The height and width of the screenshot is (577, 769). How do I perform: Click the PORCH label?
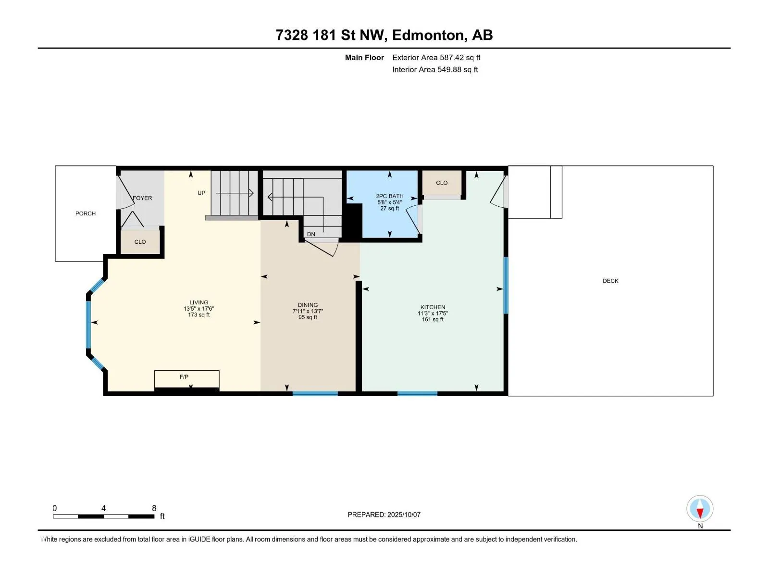[86, 213]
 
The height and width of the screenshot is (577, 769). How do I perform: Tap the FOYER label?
[142, 198]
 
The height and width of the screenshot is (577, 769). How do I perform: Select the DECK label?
[610, 281]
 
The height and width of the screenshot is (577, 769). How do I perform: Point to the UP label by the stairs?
[201, 193]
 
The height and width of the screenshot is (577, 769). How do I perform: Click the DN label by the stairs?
[311, 234]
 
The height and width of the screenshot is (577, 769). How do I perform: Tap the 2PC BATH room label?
[390, 196]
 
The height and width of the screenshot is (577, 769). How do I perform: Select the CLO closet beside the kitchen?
[442, 183]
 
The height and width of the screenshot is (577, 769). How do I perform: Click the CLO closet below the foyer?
[140, 242]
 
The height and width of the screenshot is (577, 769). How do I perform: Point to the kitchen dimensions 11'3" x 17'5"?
[433, 314]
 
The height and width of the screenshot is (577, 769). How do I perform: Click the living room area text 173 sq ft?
[198, 314]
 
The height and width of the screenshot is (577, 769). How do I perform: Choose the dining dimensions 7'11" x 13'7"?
[308, 311]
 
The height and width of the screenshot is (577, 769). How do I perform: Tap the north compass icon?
[700, 508]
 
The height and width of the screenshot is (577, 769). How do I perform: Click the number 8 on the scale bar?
[154, 508]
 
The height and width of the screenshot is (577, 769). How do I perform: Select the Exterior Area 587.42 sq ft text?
[436, 57]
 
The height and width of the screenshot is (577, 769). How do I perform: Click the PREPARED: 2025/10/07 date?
[384, 514]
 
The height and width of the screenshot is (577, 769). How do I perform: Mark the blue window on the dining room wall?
[315, 394]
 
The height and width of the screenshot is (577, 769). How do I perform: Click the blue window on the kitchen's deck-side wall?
[506, 286]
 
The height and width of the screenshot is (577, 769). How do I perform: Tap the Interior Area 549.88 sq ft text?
[435, 69]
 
